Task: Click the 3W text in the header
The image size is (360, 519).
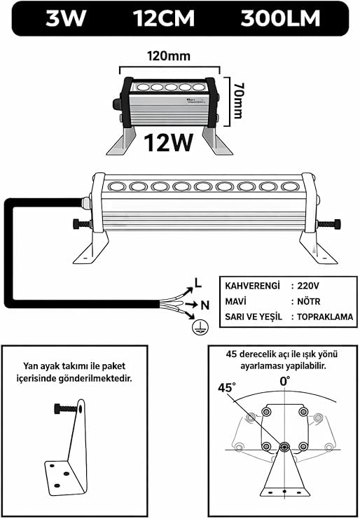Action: tap(66, 19)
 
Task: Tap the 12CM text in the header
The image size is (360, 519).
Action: tap(164, 19)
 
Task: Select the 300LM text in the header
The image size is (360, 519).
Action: tap(280, 19)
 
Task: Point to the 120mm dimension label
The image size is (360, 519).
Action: tap(169, 56)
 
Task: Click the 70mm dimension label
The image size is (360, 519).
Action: tap(237, 101)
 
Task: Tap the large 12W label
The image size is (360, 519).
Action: tap(169, 142)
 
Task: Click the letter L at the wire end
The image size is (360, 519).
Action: tap(198, 283)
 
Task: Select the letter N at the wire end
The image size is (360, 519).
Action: tap(205, 305)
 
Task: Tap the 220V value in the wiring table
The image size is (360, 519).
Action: tap(309, 285)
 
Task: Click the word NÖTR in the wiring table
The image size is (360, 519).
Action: tap(309, 301)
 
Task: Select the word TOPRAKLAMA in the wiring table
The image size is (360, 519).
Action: tap(325, 317)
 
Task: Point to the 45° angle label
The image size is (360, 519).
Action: tap(228, 387)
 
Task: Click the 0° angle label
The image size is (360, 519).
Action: tap(285, 381)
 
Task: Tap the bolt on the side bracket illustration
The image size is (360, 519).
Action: tap(66, 409)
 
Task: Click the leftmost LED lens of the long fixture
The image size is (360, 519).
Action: tap(116, 186)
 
